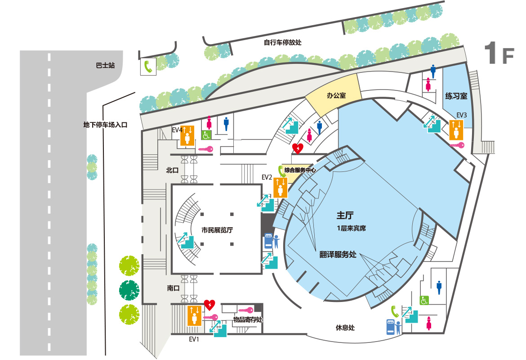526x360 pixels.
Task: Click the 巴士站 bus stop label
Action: [105, 65]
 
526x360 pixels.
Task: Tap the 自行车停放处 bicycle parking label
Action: [283, 42]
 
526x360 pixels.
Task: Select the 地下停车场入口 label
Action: [105, 125]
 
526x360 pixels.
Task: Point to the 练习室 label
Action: [456, 96]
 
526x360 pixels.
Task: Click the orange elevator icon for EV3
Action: [456, 130]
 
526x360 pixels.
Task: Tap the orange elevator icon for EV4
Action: [187, 135]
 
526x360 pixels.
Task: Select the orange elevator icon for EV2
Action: [280, 187]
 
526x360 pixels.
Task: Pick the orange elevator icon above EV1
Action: [194, 315]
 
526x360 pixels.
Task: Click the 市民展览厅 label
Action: [217, 230]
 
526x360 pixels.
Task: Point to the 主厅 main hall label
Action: [345, 215]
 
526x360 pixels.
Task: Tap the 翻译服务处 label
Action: [338, 254]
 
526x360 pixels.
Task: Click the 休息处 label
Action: [345, 328]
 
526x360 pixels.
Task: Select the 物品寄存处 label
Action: [248, 319]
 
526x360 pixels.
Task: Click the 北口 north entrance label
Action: [173, 170]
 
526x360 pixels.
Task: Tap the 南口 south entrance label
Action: [174, 288]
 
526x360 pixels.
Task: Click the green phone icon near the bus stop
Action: [148, 67]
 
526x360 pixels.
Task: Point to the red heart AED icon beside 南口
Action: [210, 305]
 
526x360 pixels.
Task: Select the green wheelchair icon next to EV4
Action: [206, 135]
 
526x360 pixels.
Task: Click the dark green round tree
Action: [129, 290]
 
